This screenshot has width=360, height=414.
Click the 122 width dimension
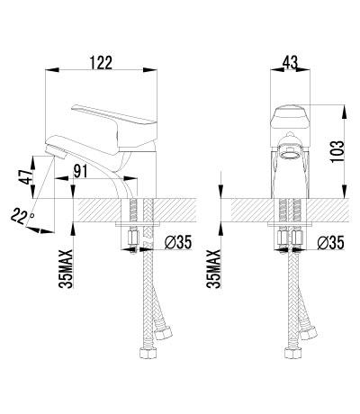coord(101,63)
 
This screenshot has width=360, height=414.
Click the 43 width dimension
coord(290,63)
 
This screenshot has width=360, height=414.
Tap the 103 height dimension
coord(337,152)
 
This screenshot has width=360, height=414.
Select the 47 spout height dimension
coord(24,177)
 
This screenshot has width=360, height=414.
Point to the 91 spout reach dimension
coord(80,171)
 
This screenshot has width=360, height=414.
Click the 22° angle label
coord(22,217)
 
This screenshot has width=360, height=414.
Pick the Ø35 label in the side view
coord(178,242)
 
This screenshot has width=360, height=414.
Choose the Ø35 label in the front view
coord(331,242)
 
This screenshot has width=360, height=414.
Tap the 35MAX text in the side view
coord(66,269)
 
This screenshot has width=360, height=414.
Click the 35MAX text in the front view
coord(213,269)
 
